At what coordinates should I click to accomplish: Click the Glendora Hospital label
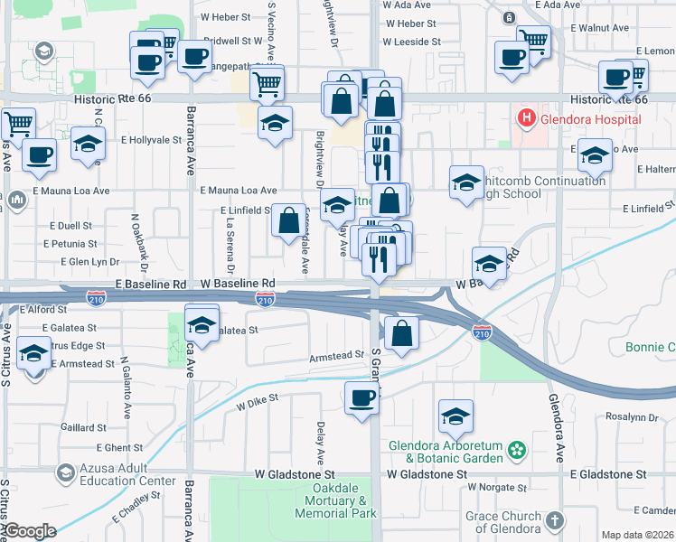[591, 119]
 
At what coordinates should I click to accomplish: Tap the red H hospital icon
[526, 118]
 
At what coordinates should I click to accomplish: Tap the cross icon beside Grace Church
[554, 521]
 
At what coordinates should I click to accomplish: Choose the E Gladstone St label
[608, 473]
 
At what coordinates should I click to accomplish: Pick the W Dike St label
[258, 401]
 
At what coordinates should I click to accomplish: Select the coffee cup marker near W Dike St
[362, 397]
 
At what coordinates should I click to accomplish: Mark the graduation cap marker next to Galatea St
[202, 323]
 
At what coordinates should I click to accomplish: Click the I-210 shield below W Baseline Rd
[265, 300]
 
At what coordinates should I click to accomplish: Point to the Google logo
[29, 531]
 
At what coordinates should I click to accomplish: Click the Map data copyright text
[638, 535]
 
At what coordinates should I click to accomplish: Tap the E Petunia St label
[69, 244]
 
